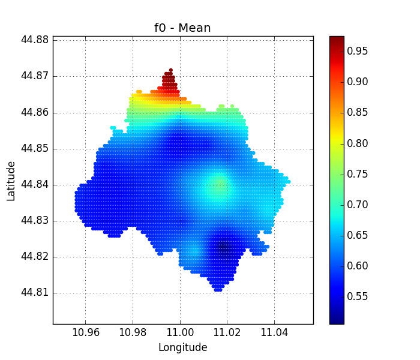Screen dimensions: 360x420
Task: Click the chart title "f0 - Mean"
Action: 182,28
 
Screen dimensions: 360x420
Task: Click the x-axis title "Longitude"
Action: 182,347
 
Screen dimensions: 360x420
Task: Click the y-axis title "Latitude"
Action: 11,181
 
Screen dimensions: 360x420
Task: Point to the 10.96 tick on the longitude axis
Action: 85,332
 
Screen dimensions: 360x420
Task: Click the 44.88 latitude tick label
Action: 35,40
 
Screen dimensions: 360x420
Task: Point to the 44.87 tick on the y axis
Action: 35,76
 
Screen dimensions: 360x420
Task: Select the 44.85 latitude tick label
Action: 35,149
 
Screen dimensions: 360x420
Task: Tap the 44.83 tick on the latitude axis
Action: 35,221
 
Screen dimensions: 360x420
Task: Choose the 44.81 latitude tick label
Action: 35,293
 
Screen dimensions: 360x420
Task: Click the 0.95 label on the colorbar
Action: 358,51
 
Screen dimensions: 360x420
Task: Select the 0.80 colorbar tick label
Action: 358,143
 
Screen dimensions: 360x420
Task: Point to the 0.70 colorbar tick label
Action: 358,205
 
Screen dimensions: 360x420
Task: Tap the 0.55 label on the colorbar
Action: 358,296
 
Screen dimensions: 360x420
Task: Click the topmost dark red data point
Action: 171,70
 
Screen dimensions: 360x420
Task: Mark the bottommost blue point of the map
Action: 218,290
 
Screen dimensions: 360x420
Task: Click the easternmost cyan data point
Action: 289,181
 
